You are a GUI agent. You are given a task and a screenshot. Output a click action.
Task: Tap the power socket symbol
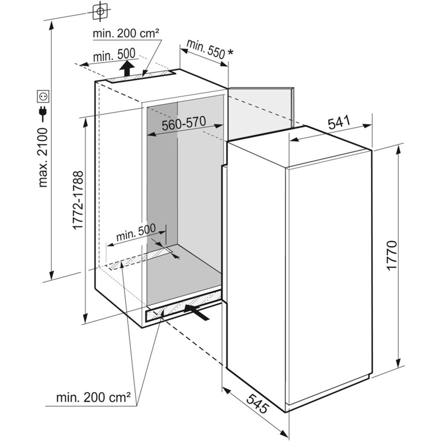[43, 96]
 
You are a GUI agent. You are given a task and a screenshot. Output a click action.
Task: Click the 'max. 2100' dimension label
[43, 157]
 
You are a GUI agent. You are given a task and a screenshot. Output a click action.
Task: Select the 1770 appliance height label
[392, 256]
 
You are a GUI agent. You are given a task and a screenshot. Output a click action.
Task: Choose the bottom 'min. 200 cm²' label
[93, 397]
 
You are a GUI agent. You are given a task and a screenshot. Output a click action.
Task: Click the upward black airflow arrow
[128, 68]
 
